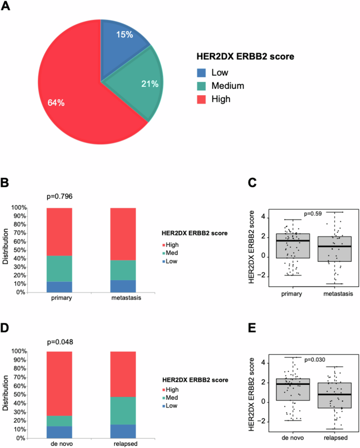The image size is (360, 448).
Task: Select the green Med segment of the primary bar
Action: click(x=59, y=269)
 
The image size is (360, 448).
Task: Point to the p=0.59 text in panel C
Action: click(x=315, y=213)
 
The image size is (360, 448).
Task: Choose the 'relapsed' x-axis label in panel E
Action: click(x=335, y=437)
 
